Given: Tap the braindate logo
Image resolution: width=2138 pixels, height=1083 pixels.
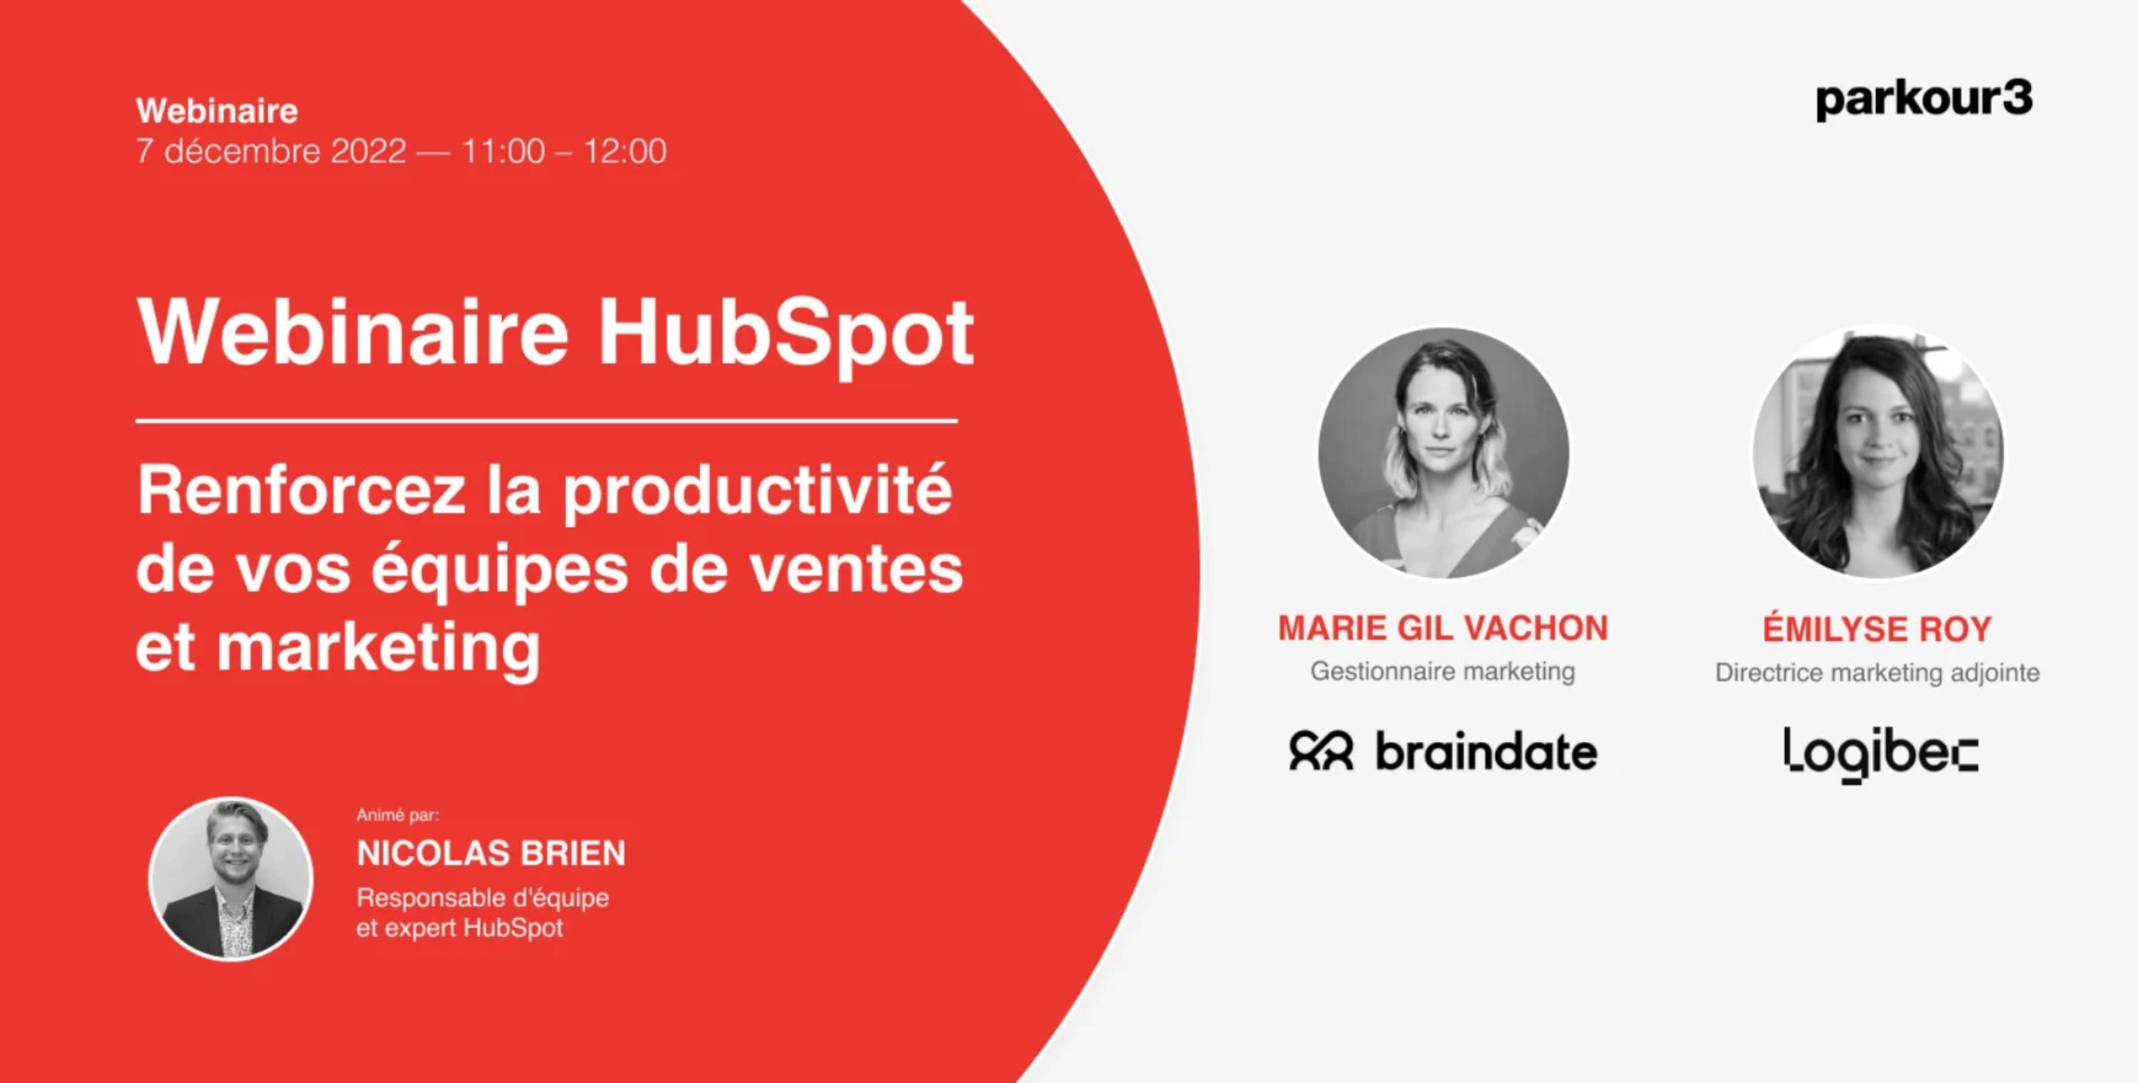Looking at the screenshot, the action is tap(1443, 751).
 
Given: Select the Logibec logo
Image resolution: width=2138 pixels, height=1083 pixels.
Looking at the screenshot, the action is tap(1880, 754).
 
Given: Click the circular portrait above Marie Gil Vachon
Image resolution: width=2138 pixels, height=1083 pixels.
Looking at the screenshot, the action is tap(1443, 453).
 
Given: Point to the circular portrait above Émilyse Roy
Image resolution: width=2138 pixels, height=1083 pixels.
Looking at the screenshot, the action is tap(1878, 453).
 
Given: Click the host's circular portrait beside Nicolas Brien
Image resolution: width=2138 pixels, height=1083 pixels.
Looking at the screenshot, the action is tap(230, 879).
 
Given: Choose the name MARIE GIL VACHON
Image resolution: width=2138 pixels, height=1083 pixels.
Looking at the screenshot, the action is tap(1442, 628).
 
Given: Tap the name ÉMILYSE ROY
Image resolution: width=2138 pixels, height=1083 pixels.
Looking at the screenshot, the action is tap(1878, 628).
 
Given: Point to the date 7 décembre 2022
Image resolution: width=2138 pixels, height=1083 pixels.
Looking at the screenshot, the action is tap(272, 151).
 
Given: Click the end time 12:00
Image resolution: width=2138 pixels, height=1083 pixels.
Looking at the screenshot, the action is tap(625, 151).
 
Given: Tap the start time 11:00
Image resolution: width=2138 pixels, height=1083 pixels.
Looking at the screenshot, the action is tap(504, 151).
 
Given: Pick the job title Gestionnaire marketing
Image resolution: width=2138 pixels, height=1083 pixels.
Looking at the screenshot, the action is tap(1442, 671).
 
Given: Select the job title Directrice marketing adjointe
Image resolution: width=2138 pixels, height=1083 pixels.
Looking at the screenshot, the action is tap(1878, 672).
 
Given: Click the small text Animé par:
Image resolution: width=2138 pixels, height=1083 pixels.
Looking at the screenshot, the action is tap(397, 815).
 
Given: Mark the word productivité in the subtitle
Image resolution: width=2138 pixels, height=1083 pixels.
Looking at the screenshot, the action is tap(758, 493).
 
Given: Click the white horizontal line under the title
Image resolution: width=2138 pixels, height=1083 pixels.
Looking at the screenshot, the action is tap(547, 421).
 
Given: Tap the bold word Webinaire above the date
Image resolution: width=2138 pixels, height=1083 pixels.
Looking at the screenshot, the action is tap(218, 111).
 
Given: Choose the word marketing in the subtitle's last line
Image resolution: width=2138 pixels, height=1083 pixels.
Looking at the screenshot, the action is tap(379, 649).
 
